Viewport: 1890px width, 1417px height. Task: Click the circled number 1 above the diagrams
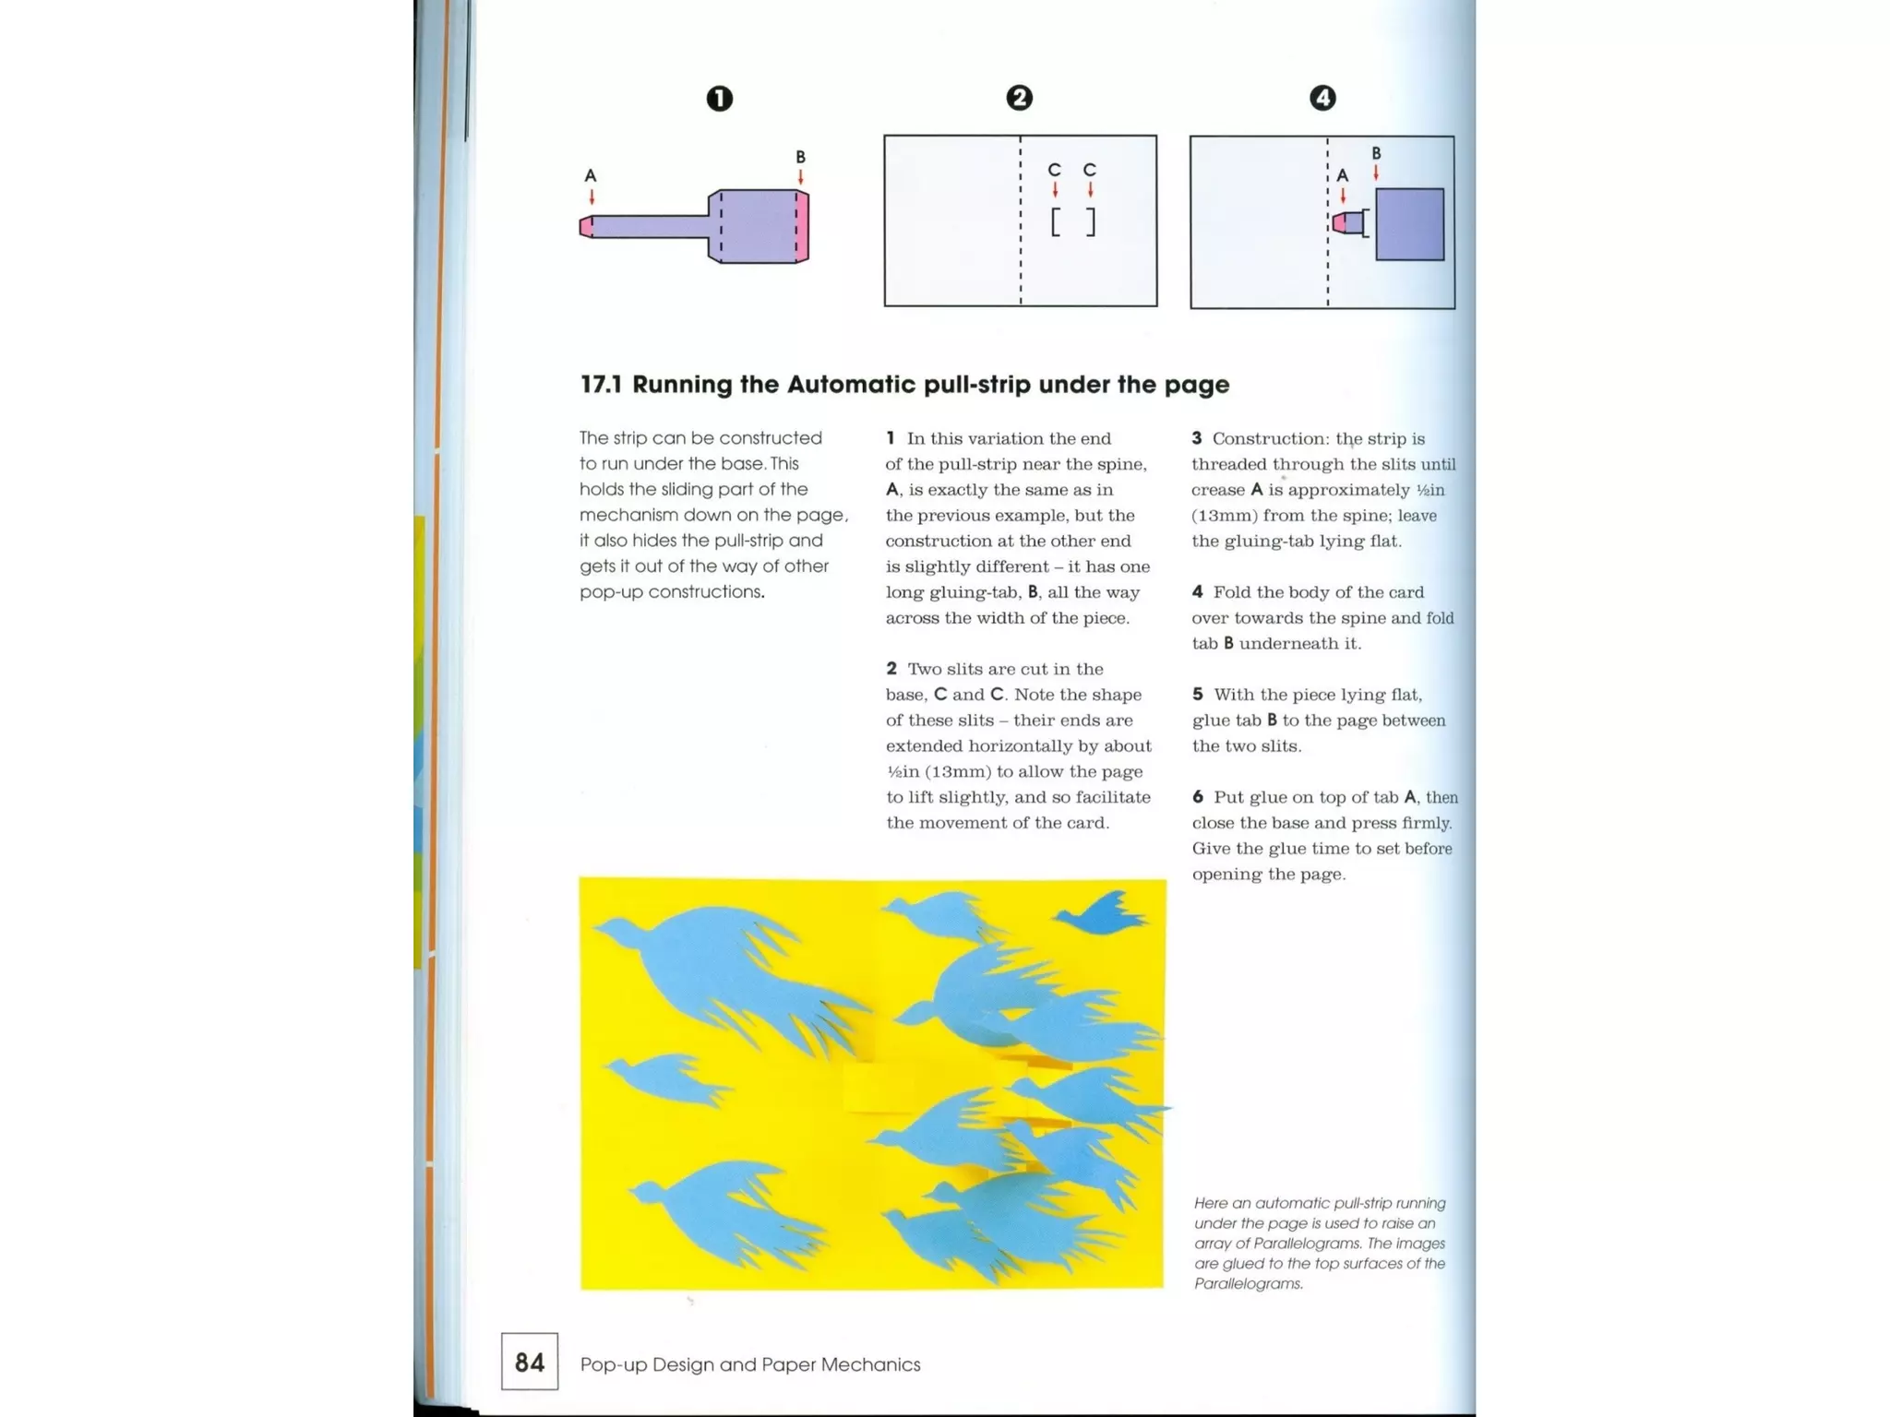coord(719,99)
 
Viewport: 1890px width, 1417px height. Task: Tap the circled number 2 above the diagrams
coord(1019,98)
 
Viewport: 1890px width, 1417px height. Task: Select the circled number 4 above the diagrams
coord(1322,98)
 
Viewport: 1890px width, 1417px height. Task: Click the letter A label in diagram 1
coord(591,175)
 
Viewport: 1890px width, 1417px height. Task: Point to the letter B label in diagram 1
coord(800,157)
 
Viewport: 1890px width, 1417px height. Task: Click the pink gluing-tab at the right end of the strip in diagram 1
coord(802,227)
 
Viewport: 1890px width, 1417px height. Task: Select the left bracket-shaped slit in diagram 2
coord(1056,222)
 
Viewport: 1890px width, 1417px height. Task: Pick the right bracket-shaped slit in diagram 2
coord(1091,222)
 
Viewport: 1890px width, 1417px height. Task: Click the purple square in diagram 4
coord(1409,224)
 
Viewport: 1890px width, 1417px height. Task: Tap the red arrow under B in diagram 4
coord(1376,173)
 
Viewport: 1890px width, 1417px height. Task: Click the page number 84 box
coord(530,1362)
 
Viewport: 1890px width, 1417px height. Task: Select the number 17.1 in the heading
coord(601,385)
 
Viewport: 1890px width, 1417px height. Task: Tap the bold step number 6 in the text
coord(1198,797)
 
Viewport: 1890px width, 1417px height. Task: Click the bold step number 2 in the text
coord(891,669)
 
